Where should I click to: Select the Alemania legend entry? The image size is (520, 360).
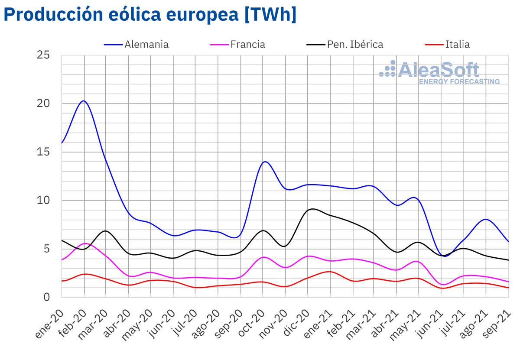pyautogui.click(x=146, y=44)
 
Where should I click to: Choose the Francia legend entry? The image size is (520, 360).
pyautogui.click(x=247, y=44)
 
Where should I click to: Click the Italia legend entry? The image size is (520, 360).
pyautogui.click(x=457, y=44)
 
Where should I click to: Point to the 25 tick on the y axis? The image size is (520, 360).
pyautogui.click(x=44, y=55)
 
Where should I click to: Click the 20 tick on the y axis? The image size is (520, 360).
pyautogui.click(x=44, y=104)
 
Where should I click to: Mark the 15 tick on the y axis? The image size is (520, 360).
pyautogui.click(x=44, y=152)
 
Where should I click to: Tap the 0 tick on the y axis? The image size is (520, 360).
pyautogui.click(x=47, y=297)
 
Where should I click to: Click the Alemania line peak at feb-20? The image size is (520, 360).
pyautogui.click(x=84, y=101)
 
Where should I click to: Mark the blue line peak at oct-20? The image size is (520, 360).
pyautogui.click(x=264, y=162)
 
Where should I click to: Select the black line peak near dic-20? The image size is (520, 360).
pyautogui.click(x=312, y=209)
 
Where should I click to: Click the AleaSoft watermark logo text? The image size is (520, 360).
pyautogui.click(x=438, y=69)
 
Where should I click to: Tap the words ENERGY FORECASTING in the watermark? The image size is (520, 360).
pyautogui.click(x=459, y=81)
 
